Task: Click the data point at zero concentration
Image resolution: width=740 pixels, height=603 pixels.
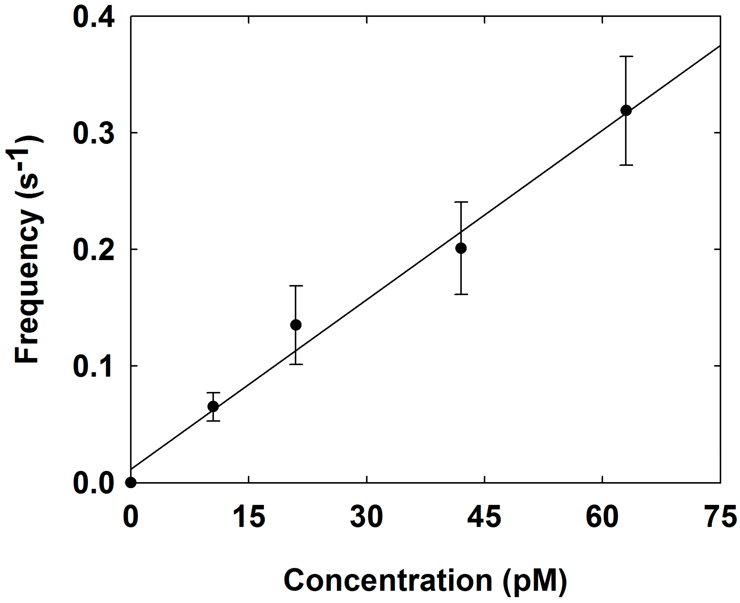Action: (131, 482)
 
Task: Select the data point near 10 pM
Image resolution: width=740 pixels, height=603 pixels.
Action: (213, 407)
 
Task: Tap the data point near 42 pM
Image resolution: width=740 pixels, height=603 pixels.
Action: (461, 248)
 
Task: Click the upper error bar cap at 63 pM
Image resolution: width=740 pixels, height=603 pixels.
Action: (626, 56)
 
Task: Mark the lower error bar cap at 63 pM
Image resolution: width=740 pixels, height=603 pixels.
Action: (626, 165)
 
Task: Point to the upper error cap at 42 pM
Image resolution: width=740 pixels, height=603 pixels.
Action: (461, 202)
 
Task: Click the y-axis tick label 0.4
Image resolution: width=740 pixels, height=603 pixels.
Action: (94, 18)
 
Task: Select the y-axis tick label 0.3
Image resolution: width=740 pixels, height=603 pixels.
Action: (94, 134)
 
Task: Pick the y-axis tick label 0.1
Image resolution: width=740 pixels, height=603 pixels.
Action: (93, 367)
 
